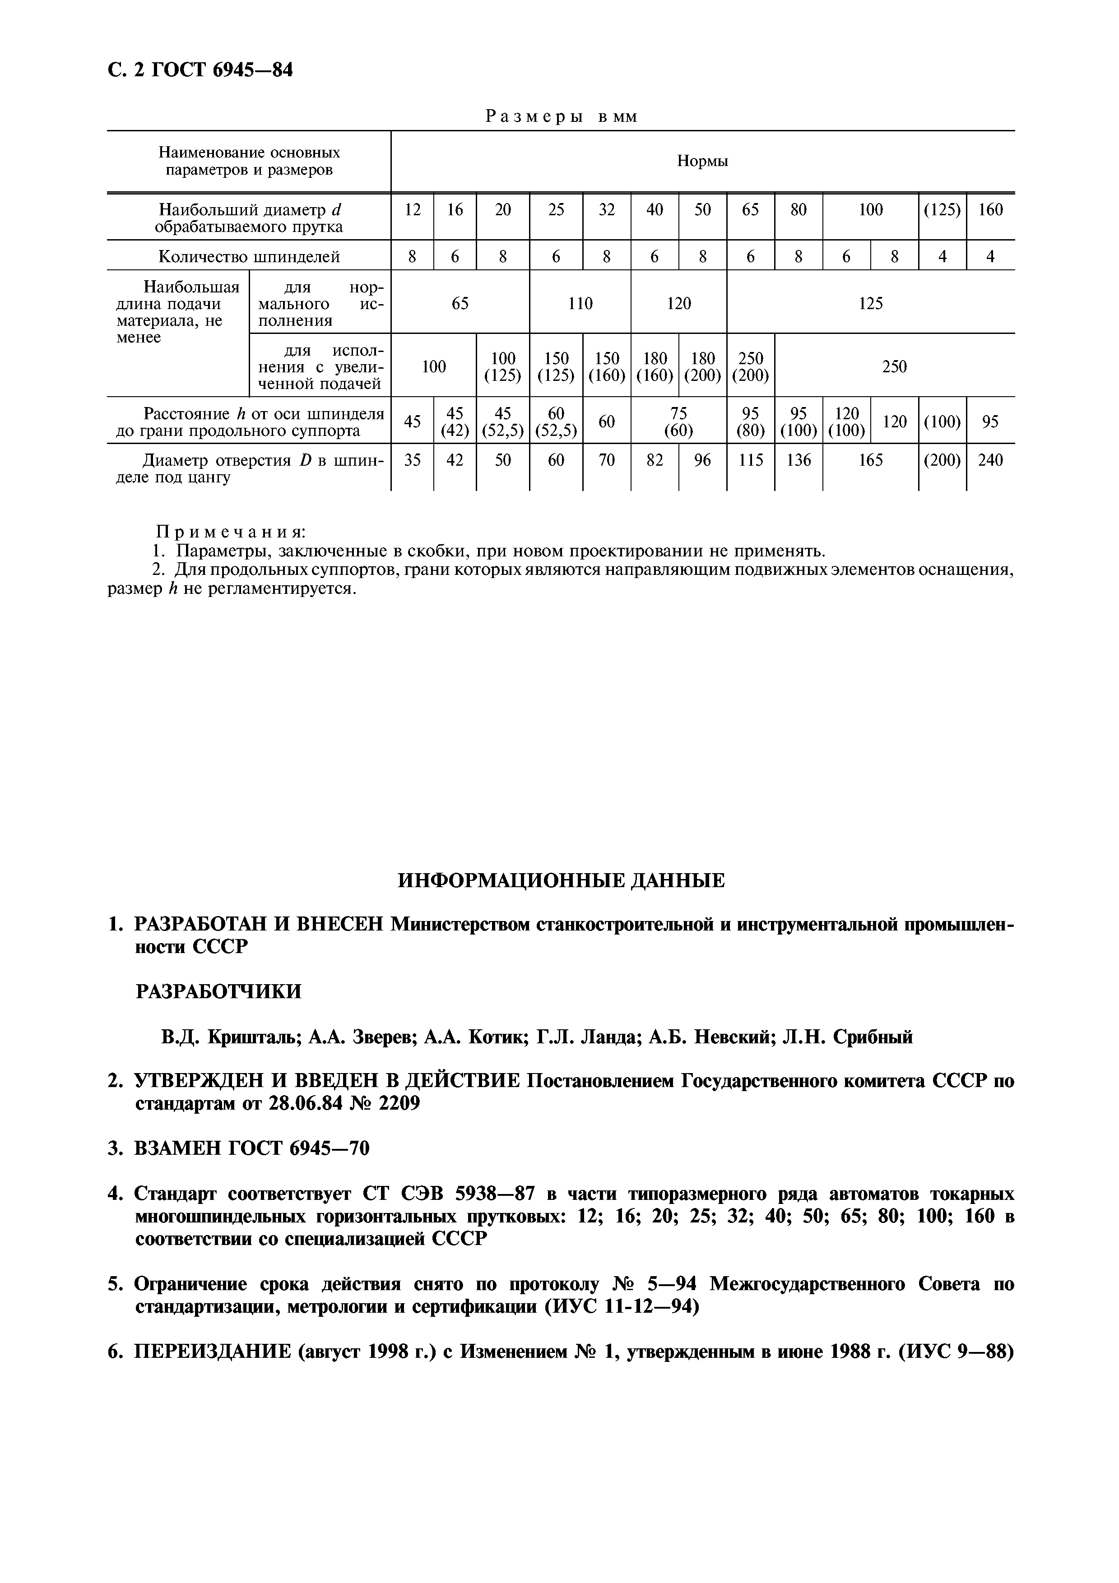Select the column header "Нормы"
click(702, 162)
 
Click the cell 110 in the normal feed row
click(580, 303)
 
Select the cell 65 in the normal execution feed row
click(460, 303)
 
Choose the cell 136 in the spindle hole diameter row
click(799, 460)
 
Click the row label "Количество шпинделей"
click(249, 257)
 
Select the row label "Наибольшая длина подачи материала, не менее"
click(177, 312)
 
